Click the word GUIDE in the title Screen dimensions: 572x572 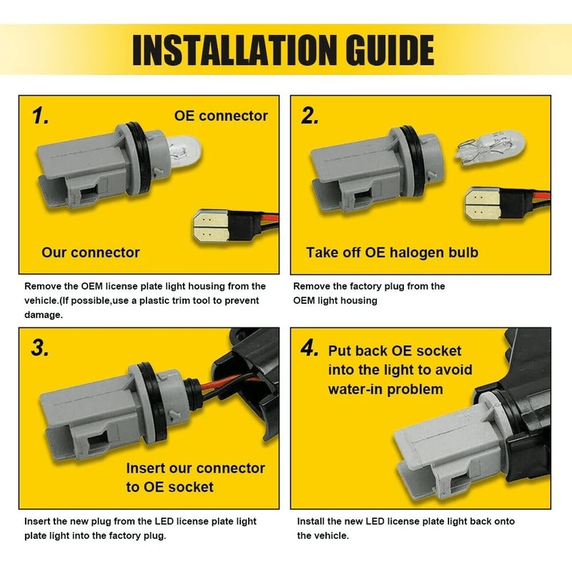click(389, 50)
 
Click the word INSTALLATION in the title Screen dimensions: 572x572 click(234, 50)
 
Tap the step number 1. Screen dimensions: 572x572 click(40, 116)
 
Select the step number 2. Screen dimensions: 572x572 click(310, 116)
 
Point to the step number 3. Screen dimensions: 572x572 click(40, 347)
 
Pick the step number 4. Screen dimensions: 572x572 click(310, 347)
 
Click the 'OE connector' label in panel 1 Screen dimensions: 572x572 click(221, 116)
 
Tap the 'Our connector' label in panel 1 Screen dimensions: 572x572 click(91, 252)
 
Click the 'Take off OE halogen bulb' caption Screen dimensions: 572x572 click(392, 252)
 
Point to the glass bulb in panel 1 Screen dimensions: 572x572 click(185, 149)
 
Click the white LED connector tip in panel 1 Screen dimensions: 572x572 click(209, 226)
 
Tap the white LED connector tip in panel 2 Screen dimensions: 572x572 click(482, 204)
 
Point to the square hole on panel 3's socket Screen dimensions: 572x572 click(98, 440)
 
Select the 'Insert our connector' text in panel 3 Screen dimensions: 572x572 click(195, 468)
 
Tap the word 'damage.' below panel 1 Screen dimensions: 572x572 click(44, 315)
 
